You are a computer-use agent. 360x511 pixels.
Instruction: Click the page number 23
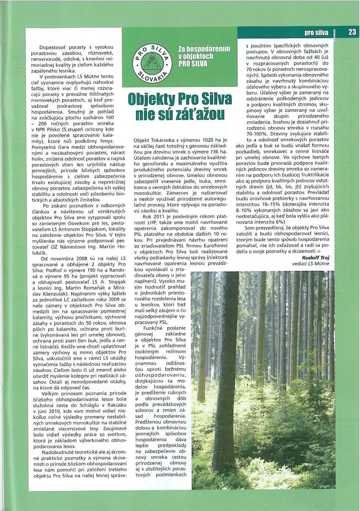click(352, 32)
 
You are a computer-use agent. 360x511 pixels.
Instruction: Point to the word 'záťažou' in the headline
click(199, 114)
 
